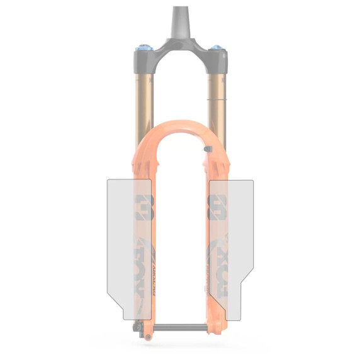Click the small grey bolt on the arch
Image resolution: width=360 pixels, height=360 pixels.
[208, 149]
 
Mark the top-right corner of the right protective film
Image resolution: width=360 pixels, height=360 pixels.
[252, 181]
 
